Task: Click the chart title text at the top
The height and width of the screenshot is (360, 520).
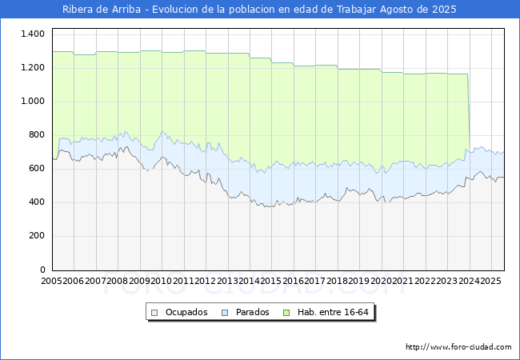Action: [x=259, y=10]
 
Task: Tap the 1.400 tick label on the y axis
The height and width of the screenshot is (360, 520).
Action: [x=33, y=34]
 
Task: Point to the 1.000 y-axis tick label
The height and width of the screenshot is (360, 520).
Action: [x=33, y=101]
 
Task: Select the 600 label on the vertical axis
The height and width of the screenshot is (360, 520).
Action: [x=37, y=168]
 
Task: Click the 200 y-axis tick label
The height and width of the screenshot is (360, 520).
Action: [x=37, y=236]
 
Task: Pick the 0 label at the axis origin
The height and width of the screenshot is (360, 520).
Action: [x=42, y=270]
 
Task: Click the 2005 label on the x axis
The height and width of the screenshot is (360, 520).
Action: [x=51, y=281]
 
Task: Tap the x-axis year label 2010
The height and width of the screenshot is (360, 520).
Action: [x=161, y=281]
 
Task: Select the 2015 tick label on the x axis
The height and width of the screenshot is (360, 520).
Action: [x=271, y=281]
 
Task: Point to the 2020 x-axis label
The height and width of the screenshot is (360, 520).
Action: [x=381, y=281]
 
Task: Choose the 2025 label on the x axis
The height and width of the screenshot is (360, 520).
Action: [x=490, y=281]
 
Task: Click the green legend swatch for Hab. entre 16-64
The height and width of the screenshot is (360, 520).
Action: [x=286, y=313]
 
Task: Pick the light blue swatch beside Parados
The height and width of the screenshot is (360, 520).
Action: [x=225, y=313]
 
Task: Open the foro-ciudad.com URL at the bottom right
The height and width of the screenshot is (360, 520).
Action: [x=458, y=347]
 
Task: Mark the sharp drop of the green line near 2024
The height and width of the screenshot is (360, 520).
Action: [x=469, y=113]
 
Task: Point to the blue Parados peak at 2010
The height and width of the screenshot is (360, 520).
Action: [x=162, y=132]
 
